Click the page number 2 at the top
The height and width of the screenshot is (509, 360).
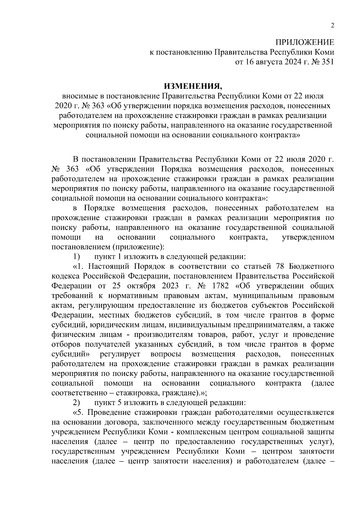point(332,25)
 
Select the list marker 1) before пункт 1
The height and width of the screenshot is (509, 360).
point(76,257)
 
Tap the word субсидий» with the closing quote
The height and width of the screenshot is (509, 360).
point(71,354)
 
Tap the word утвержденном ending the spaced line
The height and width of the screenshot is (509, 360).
point(308,237)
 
